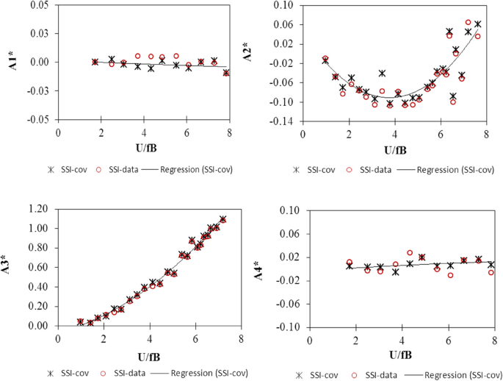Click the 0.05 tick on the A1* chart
[x=40, y=5]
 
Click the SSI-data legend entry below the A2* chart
[x=375, y=170]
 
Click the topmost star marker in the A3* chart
[x=222, y=219]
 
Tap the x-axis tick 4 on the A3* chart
[x=150, y=338]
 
